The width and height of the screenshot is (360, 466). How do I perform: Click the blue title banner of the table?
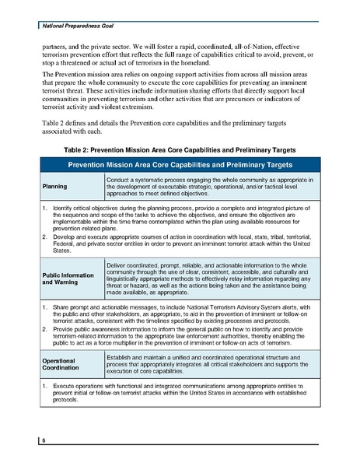180,166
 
